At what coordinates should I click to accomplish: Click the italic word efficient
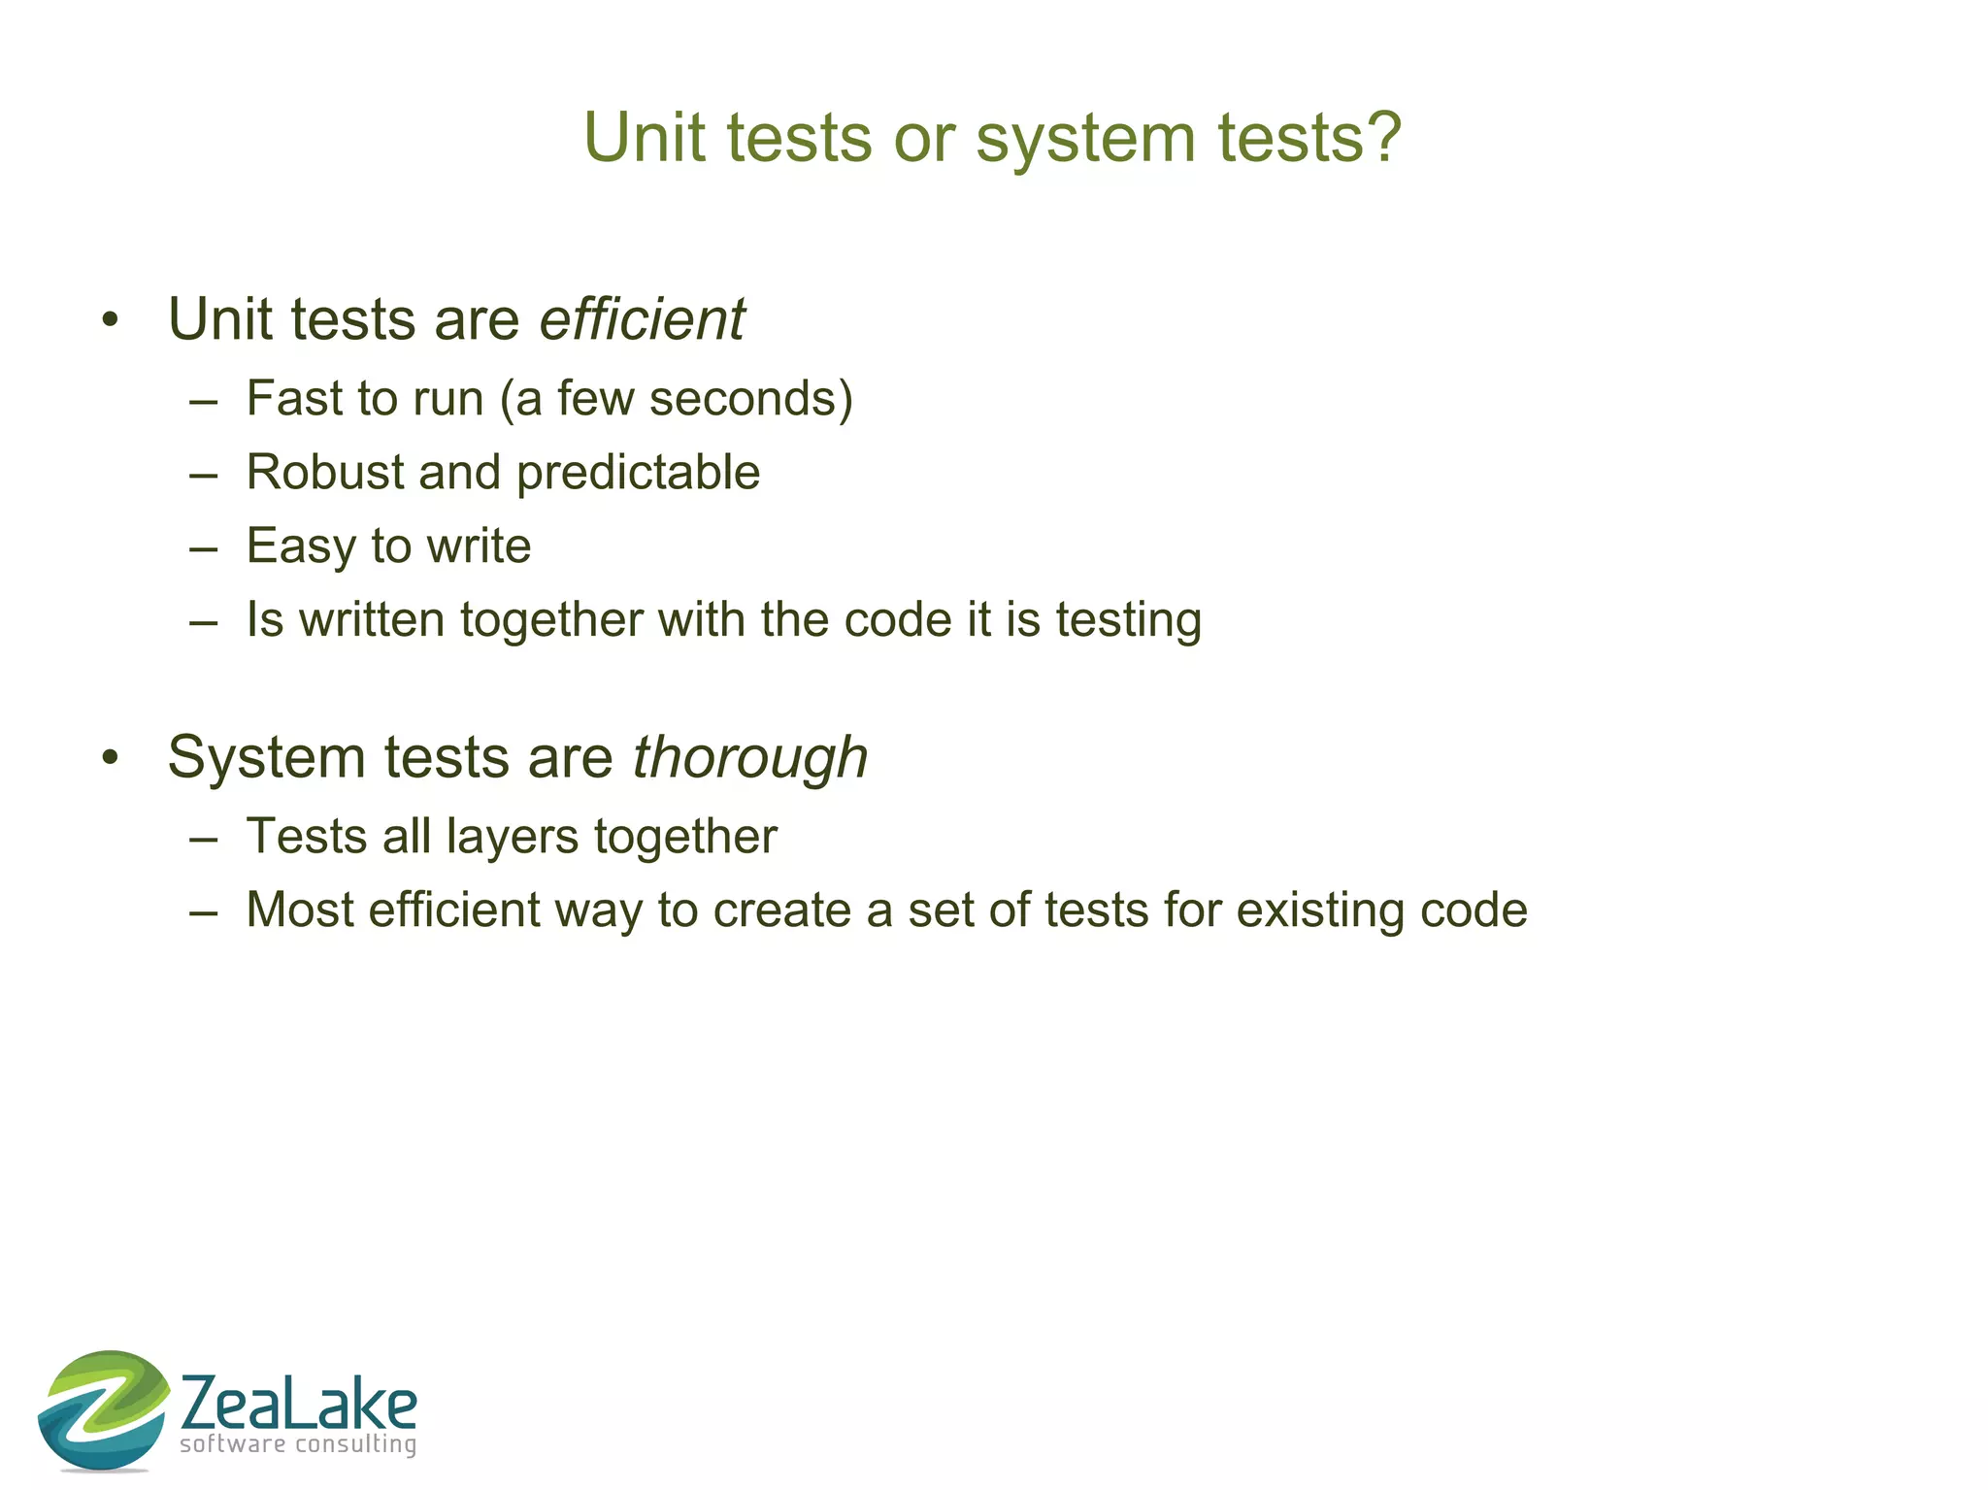click(642, 319)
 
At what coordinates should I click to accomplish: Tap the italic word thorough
click(749, 757)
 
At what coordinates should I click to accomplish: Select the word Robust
click(325, 473)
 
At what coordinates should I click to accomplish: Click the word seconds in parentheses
click(743, 399)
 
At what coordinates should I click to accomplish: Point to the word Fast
click(294, 399)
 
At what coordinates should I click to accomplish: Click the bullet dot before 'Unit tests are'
click(110, 320)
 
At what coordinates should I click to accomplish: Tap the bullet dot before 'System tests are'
click(110, 758)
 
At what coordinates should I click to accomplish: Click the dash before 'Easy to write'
click(203, 547)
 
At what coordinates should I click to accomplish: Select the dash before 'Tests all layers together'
click(203, 838)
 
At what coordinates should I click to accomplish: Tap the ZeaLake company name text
click(298, 1403)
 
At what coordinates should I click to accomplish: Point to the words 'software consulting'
click(298, 1444)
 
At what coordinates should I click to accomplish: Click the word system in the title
click(1085, 138)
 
